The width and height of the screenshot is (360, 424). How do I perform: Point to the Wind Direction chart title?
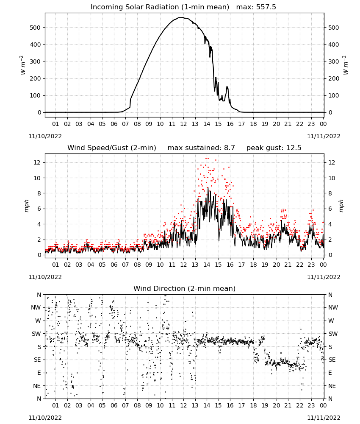185,288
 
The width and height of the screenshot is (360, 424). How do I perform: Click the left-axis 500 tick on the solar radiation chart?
35,28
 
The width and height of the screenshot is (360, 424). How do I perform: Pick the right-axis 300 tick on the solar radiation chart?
334,61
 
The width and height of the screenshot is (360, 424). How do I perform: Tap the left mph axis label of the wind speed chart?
26,206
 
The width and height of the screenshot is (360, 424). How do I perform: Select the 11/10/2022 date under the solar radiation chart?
45,136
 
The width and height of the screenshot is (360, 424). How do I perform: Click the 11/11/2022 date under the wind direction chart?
324,418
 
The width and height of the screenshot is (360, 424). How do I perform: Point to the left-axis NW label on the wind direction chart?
36,308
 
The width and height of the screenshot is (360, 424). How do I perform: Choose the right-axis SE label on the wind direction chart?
332,360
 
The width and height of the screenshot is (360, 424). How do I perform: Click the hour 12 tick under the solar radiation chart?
183,124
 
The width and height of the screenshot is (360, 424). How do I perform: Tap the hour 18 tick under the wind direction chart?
253,405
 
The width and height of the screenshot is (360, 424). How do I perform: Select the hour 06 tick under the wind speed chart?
114,265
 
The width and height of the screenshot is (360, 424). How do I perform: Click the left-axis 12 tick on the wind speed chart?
37,162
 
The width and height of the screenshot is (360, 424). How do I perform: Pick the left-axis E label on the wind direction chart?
39,373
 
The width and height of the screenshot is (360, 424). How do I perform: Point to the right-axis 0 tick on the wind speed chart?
330,255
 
